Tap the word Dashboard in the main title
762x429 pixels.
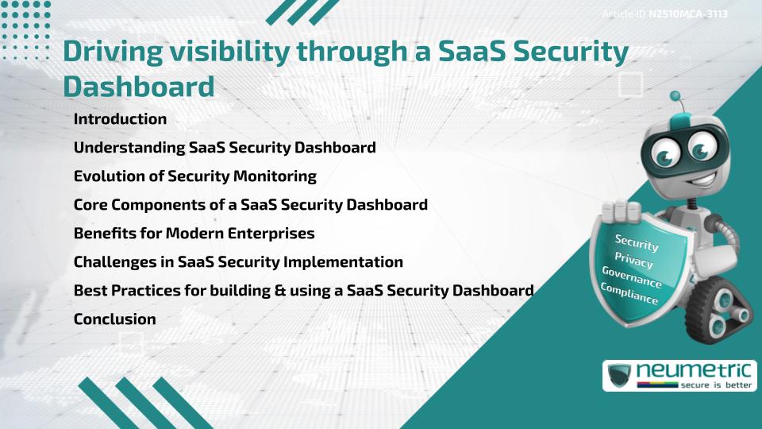(139, 86)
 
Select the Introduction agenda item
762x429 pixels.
(120, 119)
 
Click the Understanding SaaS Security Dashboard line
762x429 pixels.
(225, 148)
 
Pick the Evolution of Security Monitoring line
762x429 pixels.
(194, 176)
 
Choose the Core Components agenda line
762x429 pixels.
(250, 205)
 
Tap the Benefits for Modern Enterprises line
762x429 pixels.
(194, 234)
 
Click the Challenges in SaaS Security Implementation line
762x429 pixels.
(238, 262)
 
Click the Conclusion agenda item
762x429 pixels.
(114, 319)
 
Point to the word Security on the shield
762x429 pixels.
(637, 243)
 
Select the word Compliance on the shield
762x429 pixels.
(629, 294)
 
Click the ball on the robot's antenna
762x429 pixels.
(675, 96)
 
